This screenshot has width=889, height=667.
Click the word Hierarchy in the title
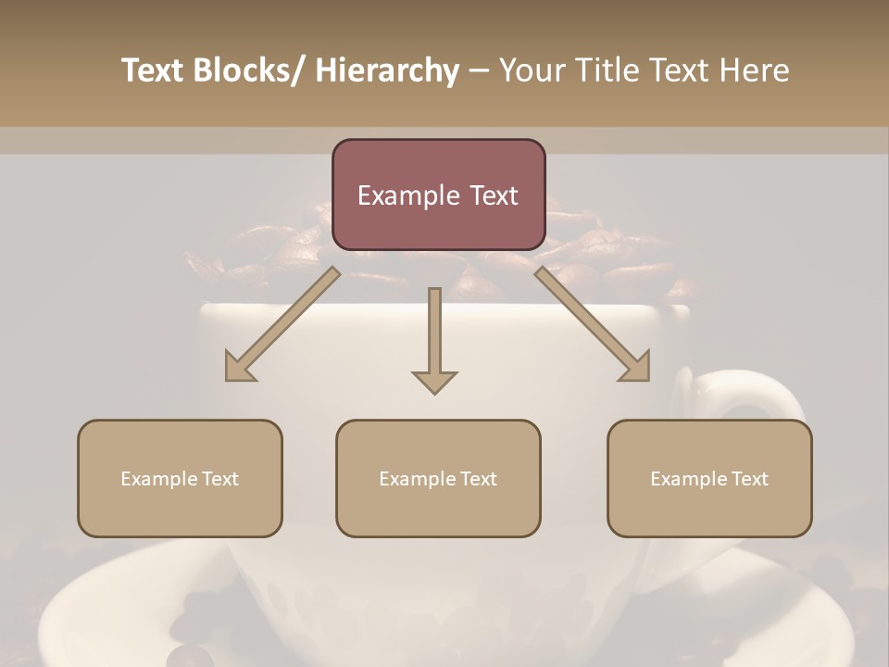pos(387,70)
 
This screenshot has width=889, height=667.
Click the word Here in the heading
pos(756,70)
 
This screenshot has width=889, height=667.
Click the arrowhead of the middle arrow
pos(434,381)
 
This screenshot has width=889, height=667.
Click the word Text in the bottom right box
pos(749,479)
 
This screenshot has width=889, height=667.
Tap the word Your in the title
pos(532,70)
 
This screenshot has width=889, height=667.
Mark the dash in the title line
pos(479,71)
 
